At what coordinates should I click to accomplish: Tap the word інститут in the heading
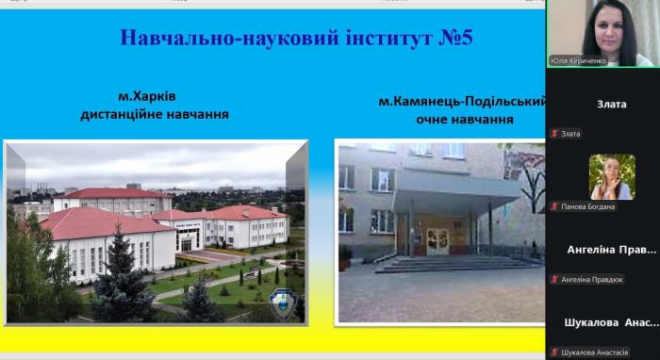coord(362,39)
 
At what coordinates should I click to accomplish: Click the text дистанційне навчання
coord(155,115)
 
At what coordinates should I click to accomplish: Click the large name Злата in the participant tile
coord(611,104)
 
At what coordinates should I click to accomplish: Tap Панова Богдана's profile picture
coord(611,176)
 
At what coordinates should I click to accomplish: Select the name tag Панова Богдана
coord(588,206)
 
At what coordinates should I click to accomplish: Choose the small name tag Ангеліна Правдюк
coord(592,279)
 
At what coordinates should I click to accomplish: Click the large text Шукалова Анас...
coord(611,322)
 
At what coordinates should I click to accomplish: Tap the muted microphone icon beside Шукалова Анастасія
coord(554,352)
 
